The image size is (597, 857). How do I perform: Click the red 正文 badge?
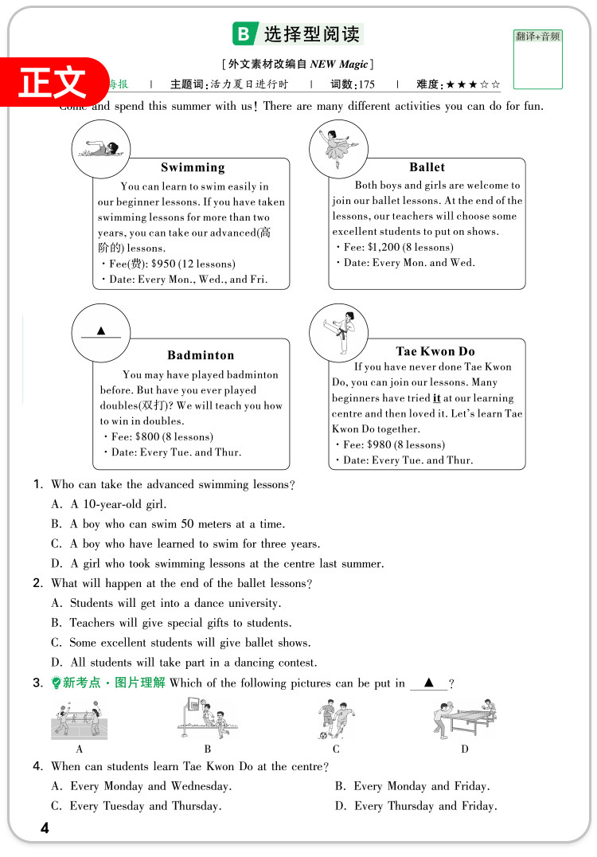[x=53, y=82]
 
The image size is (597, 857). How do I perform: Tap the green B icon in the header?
[x=243, y=34]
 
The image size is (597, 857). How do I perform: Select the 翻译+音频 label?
[x=537, y=37]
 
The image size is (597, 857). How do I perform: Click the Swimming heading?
[x=193, y=167]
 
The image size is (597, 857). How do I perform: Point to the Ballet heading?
[x=427, y=167]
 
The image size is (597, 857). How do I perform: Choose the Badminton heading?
[x=201, y=355]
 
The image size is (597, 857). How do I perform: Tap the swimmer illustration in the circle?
[x=101, y=149]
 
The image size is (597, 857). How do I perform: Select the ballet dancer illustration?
[x=338, y=148]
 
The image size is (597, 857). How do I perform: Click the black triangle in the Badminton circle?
[x=101, y=331]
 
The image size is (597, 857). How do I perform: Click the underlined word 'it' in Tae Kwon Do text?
[x=436, y=398]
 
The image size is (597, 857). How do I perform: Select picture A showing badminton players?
[x=79, y=719]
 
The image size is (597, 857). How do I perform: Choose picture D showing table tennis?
[x=465, y=719]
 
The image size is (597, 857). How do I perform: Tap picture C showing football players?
[x=336, y=719]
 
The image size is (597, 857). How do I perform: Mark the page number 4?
[x=45, y=828]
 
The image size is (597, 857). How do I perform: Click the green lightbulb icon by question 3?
[x=56, y=683]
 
